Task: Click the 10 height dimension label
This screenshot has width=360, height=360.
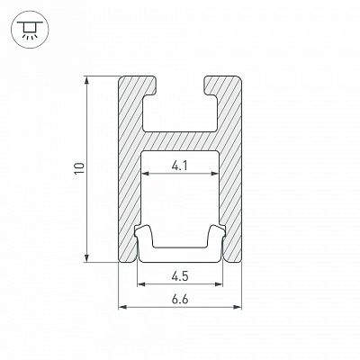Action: click(80, 168)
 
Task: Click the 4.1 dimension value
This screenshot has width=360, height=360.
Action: click(180, 166)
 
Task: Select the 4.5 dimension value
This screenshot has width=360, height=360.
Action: click(180, 276)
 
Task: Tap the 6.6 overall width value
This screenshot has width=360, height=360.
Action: click(180, 300)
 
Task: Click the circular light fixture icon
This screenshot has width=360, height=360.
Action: click(29, 31)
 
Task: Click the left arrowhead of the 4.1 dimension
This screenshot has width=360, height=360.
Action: click(146, 173)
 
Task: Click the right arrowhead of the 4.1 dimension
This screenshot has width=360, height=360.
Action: click(215, 173)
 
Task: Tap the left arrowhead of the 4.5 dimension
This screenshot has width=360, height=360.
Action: click(141, 283)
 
